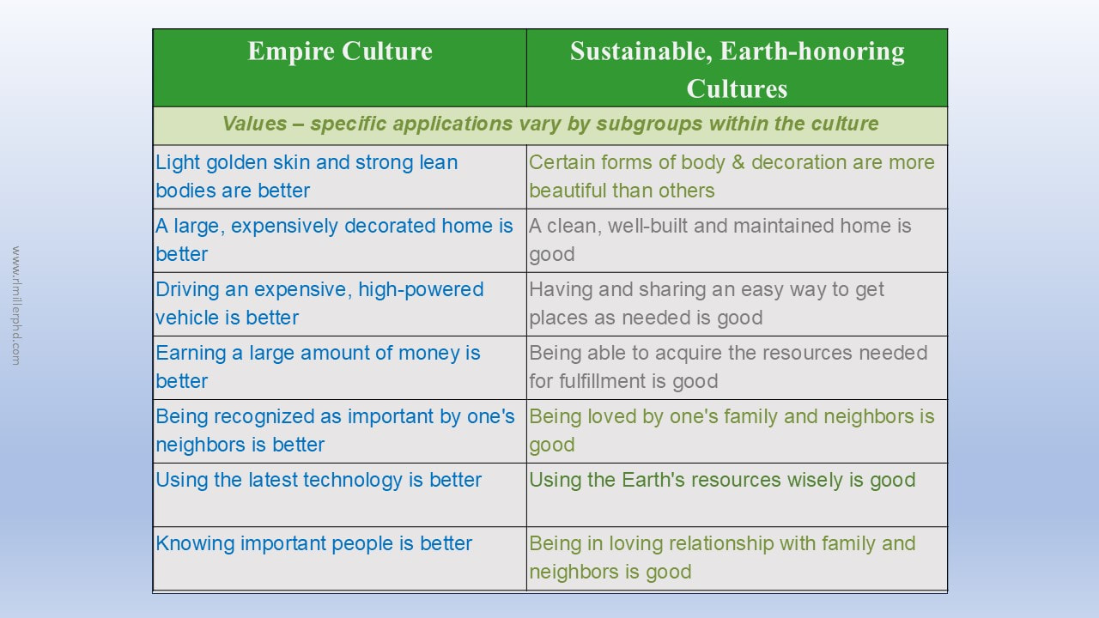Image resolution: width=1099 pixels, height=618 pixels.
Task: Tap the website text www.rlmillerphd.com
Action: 15,306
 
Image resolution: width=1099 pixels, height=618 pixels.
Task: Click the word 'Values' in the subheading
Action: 255,124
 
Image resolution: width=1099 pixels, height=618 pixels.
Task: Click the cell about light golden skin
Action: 339,177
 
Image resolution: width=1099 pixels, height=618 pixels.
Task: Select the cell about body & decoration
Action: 737,177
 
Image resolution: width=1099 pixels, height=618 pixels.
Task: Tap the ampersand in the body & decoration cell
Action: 738,162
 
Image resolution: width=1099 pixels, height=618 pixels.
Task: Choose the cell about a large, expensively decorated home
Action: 339,240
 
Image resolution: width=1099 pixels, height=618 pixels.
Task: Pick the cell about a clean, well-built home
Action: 737,240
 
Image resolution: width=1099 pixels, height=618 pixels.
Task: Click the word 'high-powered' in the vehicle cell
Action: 421,290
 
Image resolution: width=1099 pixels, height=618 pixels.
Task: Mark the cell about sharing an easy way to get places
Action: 737,304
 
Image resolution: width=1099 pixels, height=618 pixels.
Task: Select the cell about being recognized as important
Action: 339,431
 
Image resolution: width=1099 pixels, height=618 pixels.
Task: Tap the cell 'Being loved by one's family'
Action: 737,431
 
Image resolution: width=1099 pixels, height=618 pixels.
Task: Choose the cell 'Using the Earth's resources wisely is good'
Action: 737,495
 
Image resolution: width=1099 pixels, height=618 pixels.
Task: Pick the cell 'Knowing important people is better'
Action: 339,559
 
